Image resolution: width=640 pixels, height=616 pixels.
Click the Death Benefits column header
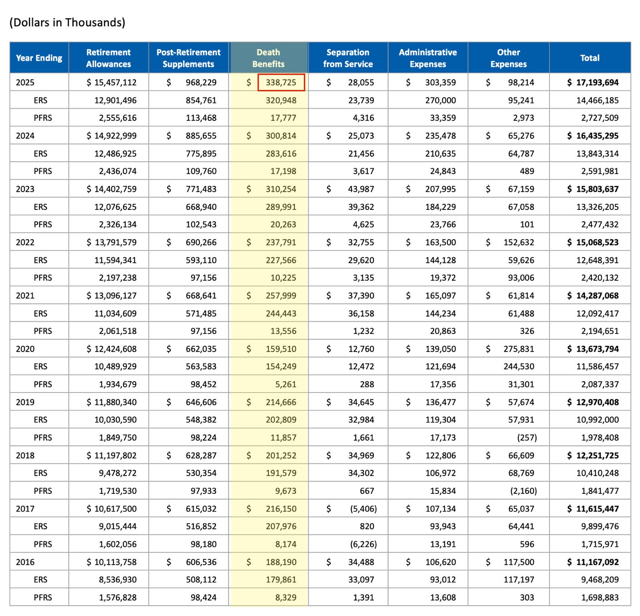click(x=268, y=58)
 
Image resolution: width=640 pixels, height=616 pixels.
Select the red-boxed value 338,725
click(x=281, y=83)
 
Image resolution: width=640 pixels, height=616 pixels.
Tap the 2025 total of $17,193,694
click(x=593, y=83)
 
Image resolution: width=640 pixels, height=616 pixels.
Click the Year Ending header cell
click(x=39, y=58)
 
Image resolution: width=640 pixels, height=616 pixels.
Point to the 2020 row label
click(x=25, y=349)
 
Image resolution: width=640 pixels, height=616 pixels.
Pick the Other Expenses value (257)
click(x=527, y=437)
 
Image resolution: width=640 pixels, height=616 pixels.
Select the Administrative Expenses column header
click(x=428, y=58)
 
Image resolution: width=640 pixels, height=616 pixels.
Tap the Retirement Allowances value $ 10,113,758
click(x=112, y=562)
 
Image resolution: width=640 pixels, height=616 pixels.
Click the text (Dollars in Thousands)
click(x=67, y=23)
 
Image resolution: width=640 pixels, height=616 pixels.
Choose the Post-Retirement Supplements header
click(x=189, y=58)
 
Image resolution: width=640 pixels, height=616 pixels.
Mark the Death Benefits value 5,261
click(x=286, y=384)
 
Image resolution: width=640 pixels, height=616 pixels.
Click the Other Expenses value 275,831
click(x=519, y=349)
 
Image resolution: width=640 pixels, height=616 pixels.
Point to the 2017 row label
click(x=25, y=509)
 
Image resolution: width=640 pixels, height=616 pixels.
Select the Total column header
click(x=590, y=58)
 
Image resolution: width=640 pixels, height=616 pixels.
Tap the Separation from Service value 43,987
click(x=361, y=189)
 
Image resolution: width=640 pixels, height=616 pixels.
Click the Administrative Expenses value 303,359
click(x=441, y=83)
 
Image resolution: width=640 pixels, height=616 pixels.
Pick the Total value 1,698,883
click(x=600, y=597)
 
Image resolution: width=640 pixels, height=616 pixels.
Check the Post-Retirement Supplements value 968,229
click(x=201, y=83)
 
